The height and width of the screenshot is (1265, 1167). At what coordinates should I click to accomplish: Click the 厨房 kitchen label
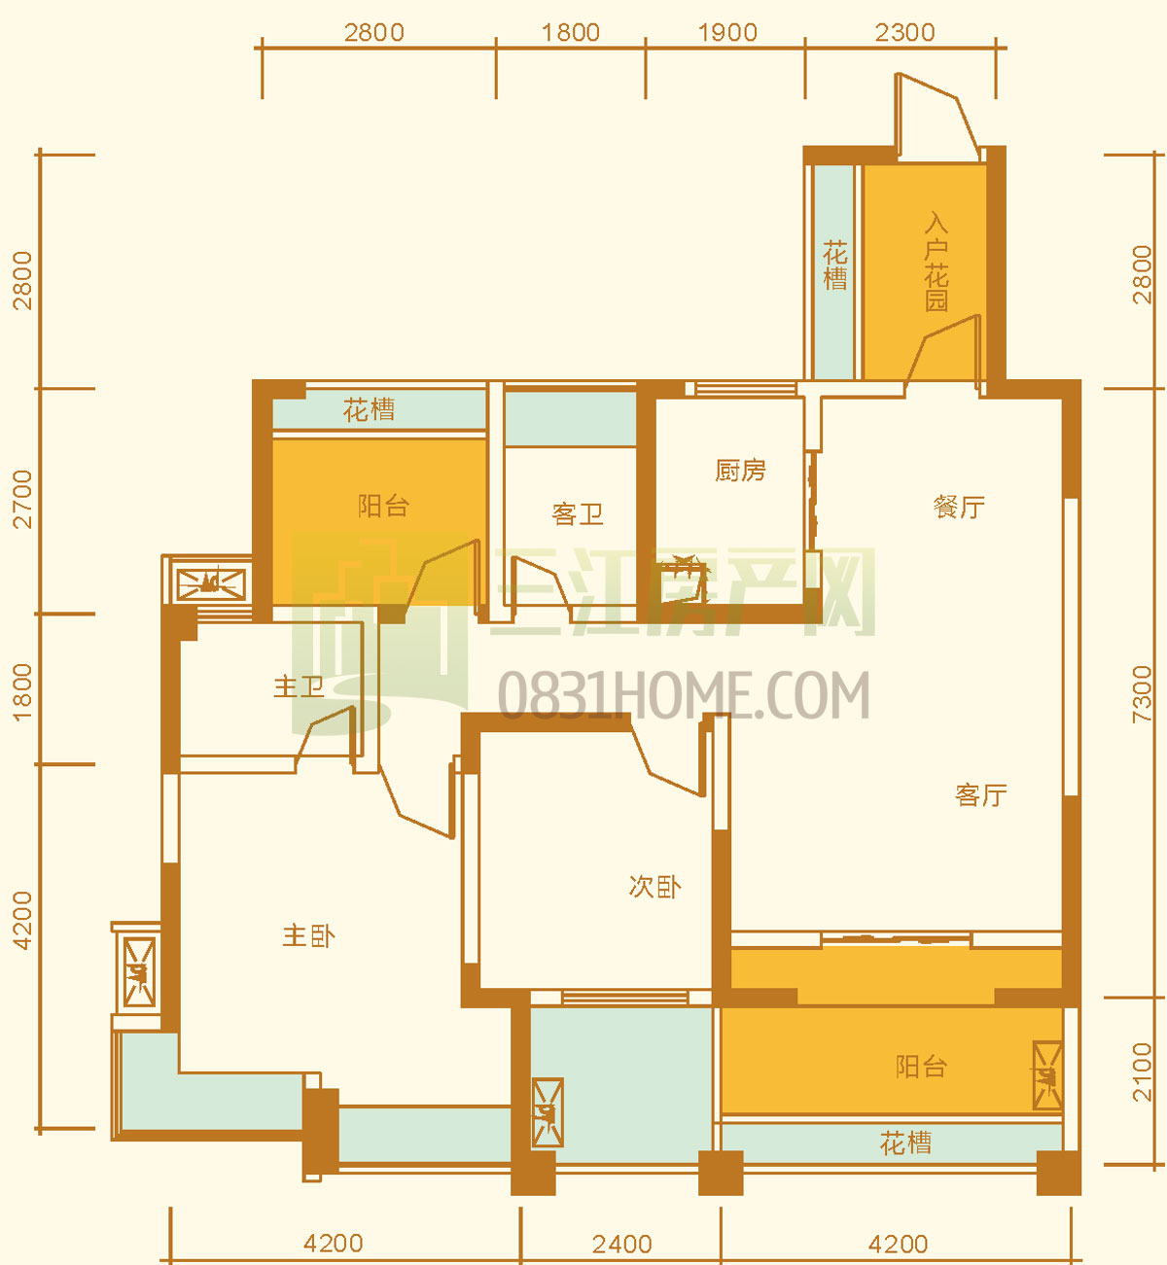coord(740,471)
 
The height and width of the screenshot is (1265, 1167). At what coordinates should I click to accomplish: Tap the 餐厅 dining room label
coord(959,507)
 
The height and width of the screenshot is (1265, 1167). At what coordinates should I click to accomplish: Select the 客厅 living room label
coord(981,795)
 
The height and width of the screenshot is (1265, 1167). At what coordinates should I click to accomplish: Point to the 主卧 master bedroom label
coord(309,936)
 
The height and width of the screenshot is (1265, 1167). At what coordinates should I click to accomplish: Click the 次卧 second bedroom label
coord(655,887)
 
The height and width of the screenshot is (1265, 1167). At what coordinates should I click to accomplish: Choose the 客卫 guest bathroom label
coord(578,514)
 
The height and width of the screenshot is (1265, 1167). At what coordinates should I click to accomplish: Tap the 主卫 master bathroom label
coord(300,687)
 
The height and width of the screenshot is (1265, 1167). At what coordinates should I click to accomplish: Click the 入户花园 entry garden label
coord(937,263)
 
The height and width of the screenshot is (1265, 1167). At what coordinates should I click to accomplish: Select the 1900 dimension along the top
coord(727,32)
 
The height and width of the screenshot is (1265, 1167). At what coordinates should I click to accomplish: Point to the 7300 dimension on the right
coord(1142,694)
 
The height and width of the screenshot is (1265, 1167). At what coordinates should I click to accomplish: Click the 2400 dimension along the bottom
coord(622,1244)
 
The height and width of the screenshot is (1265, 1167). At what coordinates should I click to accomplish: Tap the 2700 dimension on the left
coord(22,500)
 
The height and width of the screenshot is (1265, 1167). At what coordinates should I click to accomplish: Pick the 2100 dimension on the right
coord(1142,1072)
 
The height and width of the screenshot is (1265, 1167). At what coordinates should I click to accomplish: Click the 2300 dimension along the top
coord(905,32)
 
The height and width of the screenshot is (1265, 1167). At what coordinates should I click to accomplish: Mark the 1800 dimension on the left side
coord(22,692)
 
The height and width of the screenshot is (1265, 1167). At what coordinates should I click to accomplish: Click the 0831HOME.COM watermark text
coord(684,695)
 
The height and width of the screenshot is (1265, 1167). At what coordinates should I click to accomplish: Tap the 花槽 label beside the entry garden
coord(835,265)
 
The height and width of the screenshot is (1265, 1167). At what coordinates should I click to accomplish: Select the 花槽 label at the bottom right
coord(905,1143)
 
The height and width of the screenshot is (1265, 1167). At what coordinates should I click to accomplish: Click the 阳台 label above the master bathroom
coord(384,507)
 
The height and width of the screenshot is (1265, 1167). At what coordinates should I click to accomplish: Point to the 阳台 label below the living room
coord(922,1067)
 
